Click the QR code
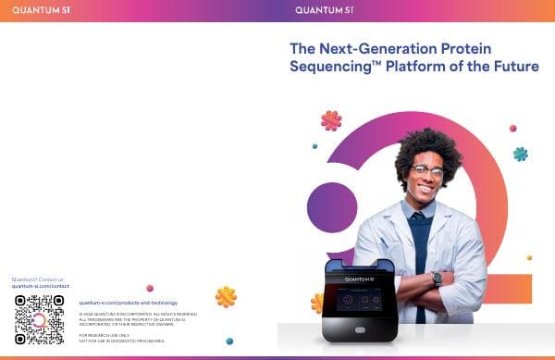(x=39, y=319)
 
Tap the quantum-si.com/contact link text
(x=41, y=286)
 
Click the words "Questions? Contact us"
(x=38, y=279)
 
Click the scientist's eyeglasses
(x=427, y=171)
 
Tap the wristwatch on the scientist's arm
(x=437, y=277)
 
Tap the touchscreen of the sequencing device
(x=363, y=301)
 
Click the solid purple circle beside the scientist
(x=331, y=207)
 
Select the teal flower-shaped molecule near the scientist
(x=521, y=154)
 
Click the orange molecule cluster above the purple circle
(x=330, y=119)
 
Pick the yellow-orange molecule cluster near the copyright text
(x=226, y=296)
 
